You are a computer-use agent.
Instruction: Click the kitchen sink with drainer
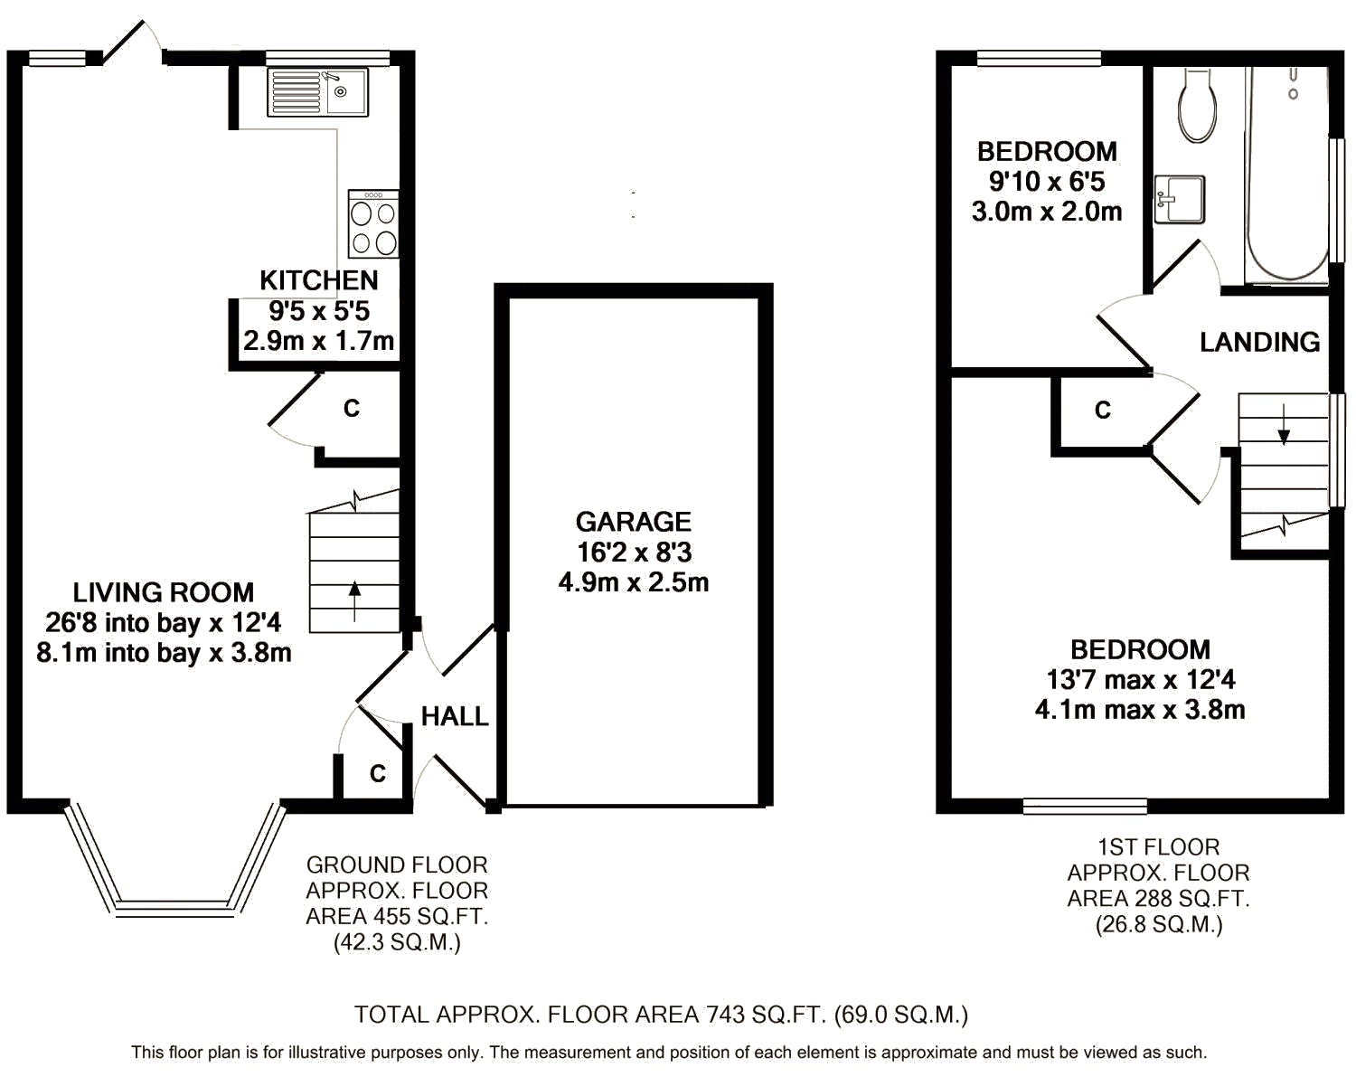click(x=317, y=93)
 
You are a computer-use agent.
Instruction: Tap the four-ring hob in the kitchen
click(x=373, y=224)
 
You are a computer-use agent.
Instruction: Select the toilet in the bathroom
click(x=1197, y=105)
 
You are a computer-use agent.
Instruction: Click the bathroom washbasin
click(x=1180, y=199)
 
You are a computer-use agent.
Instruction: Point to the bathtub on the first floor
click(x=1287, y=175)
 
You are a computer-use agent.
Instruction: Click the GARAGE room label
click(x=634, y=522)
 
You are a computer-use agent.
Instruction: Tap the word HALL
click(x=455, y=717)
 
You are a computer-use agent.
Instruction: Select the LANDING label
click(x=1259, y=343)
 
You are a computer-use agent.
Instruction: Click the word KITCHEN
click(x=319, y=280)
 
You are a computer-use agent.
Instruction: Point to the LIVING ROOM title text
click(x=164, y=592)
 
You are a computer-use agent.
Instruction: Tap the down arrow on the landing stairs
click(x=1284, y=423)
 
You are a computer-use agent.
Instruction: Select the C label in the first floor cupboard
click(x=1103, y=411)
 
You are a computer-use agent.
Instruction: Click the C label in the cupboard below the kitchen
click(x=352, y=409)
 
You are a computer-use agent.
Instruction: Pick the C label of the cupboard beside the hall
click(x=378, y=773)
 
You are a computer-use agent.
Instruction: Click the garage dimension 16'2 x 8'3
click(x=634, y=553)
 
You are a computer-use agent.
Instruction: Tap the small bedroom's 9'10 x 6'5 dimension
click(x=1047, y=182)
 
